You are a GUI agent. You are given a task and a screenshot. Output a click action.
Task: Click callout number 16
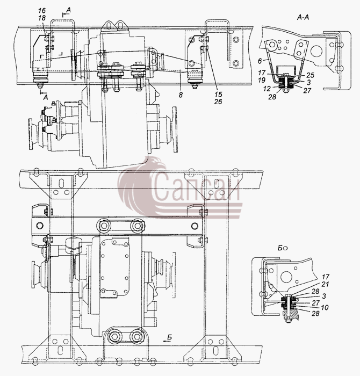coord(42,11)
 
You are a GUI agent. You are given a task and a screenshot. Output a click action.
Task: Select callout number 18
coord(42,18)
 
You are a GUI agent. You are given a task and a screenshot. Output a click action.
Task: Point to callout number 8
coord(181,95)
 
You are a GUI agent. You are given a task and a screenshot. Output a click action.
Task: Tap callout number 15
coord(219,94)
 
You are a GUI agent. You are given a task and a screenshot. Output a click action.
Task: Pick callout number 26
coord(218,102)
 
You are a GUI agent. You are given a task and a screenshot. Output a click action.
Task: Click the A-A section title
coord(303,17)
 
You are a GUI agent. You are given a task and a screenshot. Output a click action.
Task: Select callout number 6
coord(260,61)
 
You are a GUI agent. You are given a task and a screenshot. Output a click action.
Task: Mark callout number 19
coord(262,80)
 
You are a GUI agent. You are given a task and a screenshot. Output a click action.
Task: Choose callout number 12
coord(267,89)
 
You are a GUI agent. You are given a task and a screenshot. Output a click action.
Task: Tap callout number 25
coord(310,75)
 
